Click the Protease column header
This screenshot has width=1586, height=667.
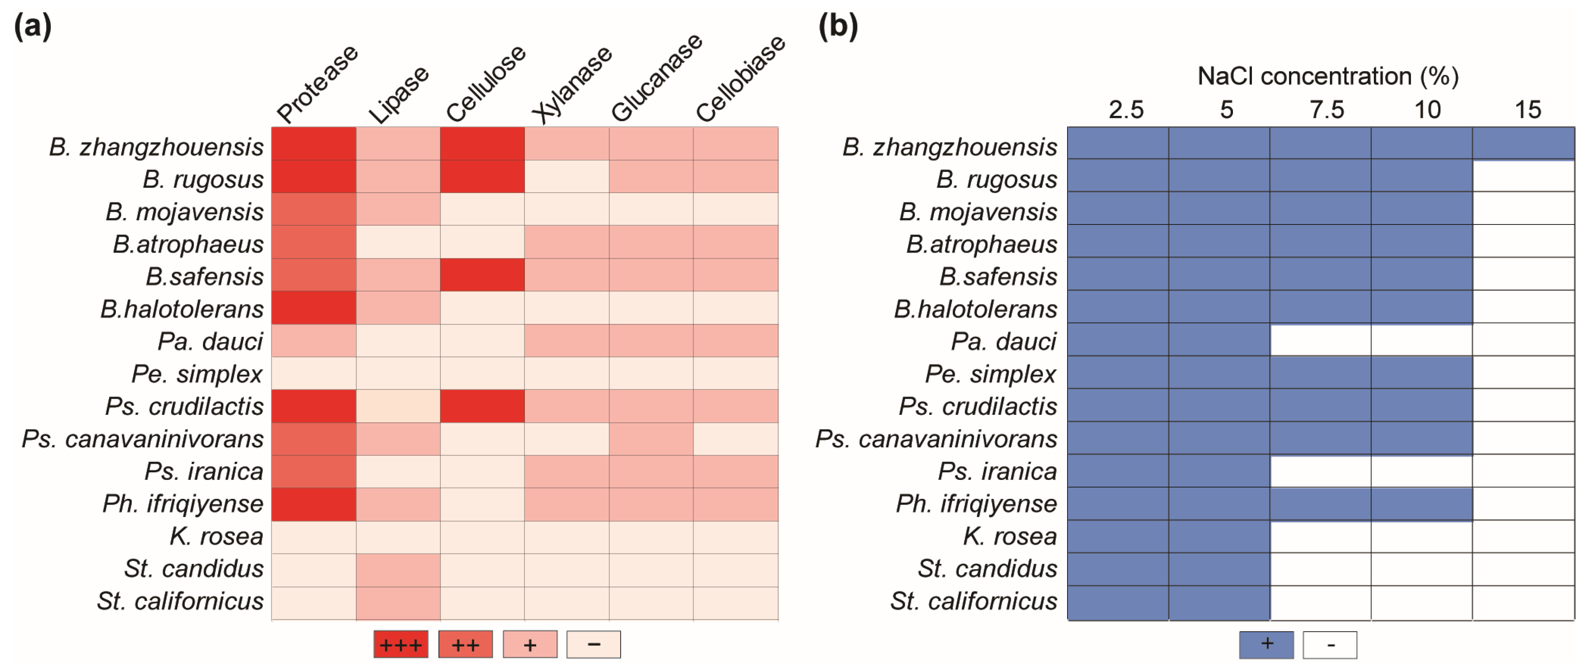pos(317,84)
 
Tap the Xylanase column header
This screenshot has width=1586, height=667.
pos(572,84)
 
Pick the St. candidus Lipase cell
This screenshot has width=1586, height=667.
pos(398,570)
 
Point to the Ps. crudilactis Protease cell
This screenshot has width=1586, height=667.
pos(314,406)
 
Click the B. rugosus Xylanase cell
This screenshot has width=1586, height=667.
pos(566,177)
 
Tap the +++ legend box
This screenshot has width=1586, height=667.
pos(400,644)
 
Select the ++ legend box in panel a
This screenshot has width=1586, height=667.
pos(465,644)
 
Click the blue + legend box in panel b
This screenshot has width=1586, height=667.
pos(1266,644)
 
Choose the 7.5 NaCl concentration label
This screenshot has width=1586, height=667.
pos(1326,110)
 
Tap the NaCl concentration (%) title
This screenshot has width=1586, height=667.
pos(1328,76)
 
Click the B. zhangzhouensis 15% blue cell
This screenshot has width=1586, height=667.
pos(1523,143)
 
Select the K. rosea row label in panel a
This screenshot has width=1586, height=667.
pos(216,537)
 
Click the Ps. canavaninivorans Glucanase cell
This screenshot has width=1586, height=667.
pos(651,439)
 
